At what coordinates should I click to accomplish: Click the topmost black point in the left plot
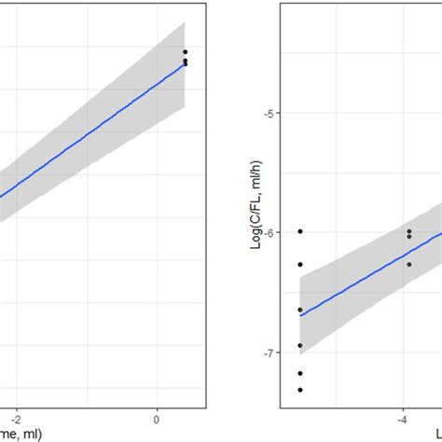185,52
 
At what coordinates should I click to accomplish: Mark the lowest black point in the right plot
300,390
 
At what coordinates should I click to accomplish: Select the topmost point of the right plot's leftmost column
300,231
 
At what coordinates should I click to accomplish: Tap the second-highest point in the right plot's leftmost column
300,264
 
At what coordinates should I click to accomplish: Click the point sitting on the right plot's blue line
300,310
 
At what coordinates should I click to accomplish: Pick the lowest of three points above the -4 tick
408,264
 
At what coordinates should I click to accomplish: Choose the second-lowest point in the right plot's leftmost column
300,373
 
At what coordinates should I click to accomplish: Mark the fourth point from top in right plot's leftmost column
300,345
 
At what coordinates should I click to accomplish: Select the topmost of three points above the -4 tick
408,231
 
